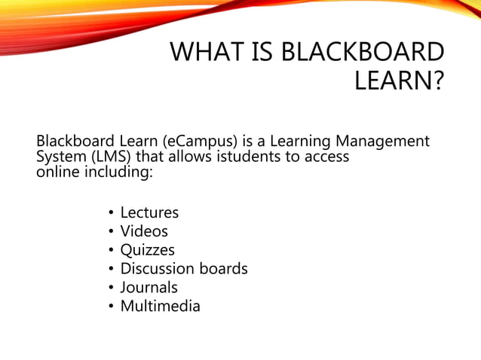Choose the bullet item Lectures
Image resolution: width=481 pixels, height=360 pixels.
pos(149,213)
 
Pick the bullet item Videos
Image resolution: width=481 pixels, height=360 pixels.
pos(144,231)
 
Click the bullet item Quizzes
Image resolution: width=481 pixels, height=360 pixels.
pos(147,250)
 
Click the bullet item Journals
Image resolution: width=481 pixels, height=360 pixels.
pos(149,287)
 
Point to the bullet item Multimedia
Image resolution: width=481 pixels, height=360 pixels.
pos(160,306)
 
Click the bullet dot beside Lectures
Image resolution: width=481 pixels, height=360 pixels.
pos(110,214)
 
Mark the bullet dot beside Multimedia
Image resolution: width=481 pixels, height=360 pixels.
pos(110,307)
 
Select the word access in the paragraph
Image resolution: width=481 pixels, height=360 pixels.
pos(326,157)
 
